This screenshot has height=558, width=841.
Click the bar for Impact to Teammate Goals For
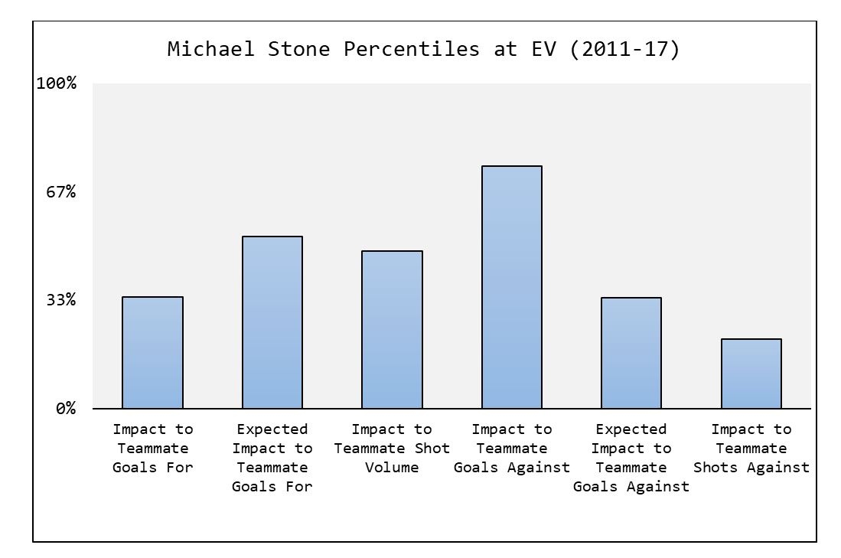(152, 353)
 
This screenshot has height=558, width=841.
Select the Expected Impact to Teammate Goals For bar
(272, 322)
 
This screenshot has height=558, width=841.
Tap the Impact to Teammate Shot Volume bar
(392, 329)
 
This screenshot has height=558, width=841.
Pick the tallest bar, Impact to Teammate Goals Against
(512, 287)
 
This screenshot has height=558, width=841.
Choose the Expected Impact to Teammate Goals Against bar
(631, 353)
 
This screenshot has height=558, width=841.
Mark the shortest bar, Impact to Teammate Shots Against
(751, 374)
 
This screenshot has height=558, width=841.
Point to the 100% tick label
(57, 83)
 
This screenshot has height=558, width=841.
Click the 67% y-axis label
(61, 191)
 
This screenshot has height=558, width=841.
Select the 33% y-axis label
(61, 300)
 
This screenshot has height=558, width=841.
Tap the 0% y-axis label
(66, 408)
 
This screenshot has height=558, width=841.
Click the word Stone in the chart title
(298, 49)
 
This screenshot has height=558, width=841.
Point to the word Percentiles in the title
(412, 49)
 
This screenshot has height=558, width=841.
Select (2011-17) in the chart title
(625, 49)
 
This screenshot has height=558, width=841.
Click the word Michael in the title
(210, 49)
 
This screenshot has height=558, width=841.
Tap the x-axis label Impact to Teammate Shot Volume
(392, 448)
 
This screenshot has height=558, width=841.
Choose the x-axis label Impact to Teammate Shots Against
(751, 448)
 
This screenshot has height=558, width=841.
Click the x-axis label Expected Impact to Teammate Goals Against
(631, 458)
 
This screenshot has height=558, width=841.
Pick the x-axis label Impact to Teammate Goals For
(153, 448)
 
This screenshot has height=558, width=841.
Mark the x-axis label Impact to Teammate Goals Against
(512, 448)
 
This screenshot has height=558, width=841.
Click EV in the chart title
(544, 49)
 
